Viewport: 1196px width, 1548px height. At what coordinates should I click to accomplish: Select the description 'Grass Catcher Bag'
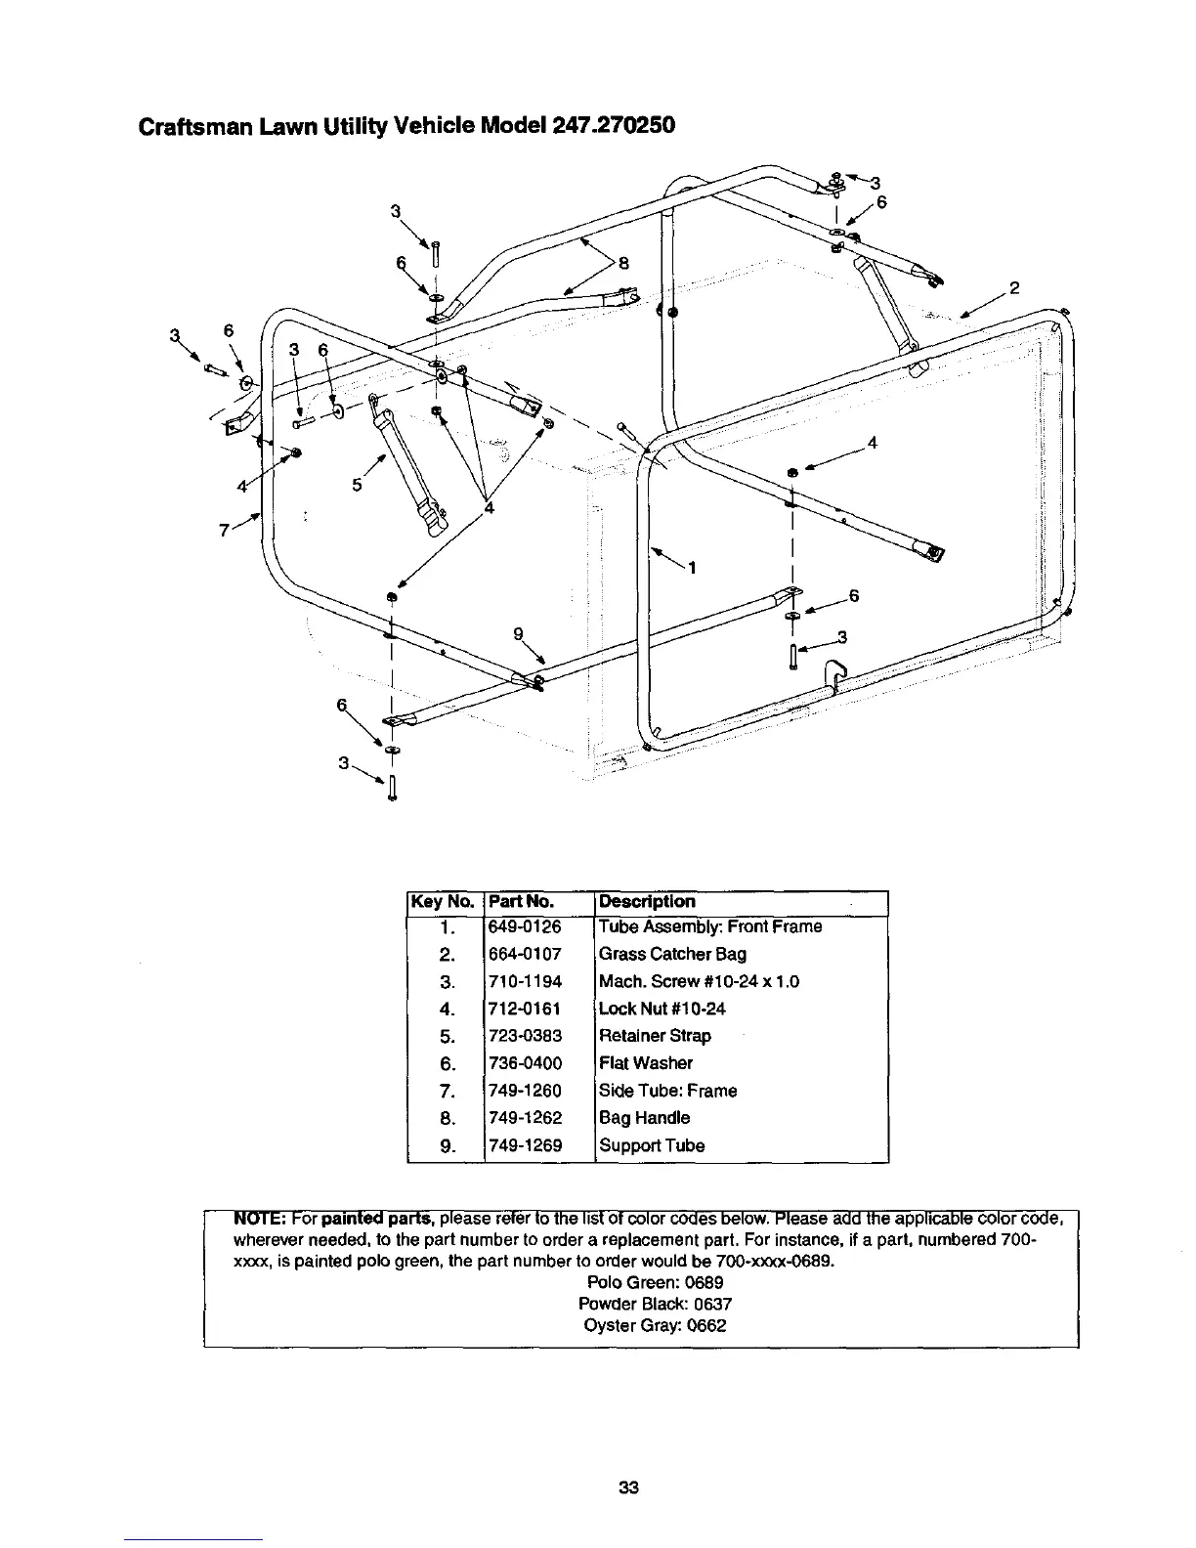(x=659, y=954)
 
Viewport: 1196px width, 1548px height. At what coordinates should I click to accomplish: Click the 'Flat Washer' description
(x=645, y=1063)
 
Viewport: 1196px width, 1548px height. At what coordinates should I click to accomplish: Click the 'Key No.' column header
(x=444, y=902)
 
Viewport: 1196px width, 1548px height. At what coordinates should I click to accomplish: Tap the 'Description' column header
(x=647, y=901)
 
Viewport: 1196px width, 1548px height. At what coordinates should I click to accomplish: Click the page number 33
(x=628, y=1489)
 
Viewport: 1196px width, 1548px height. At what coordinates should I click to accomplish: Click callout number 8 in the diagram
(x=622, y=261)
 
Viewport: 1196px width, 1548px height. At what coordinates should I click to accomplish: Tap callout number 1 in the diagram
(x=692, y=568)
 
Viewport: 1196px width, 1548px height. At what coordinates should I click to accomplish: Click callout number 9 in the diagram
(x=518, y=632)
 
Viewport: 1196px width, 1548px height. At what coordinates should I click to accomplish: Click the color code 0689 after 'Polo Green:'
(x=704, y=1282)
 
